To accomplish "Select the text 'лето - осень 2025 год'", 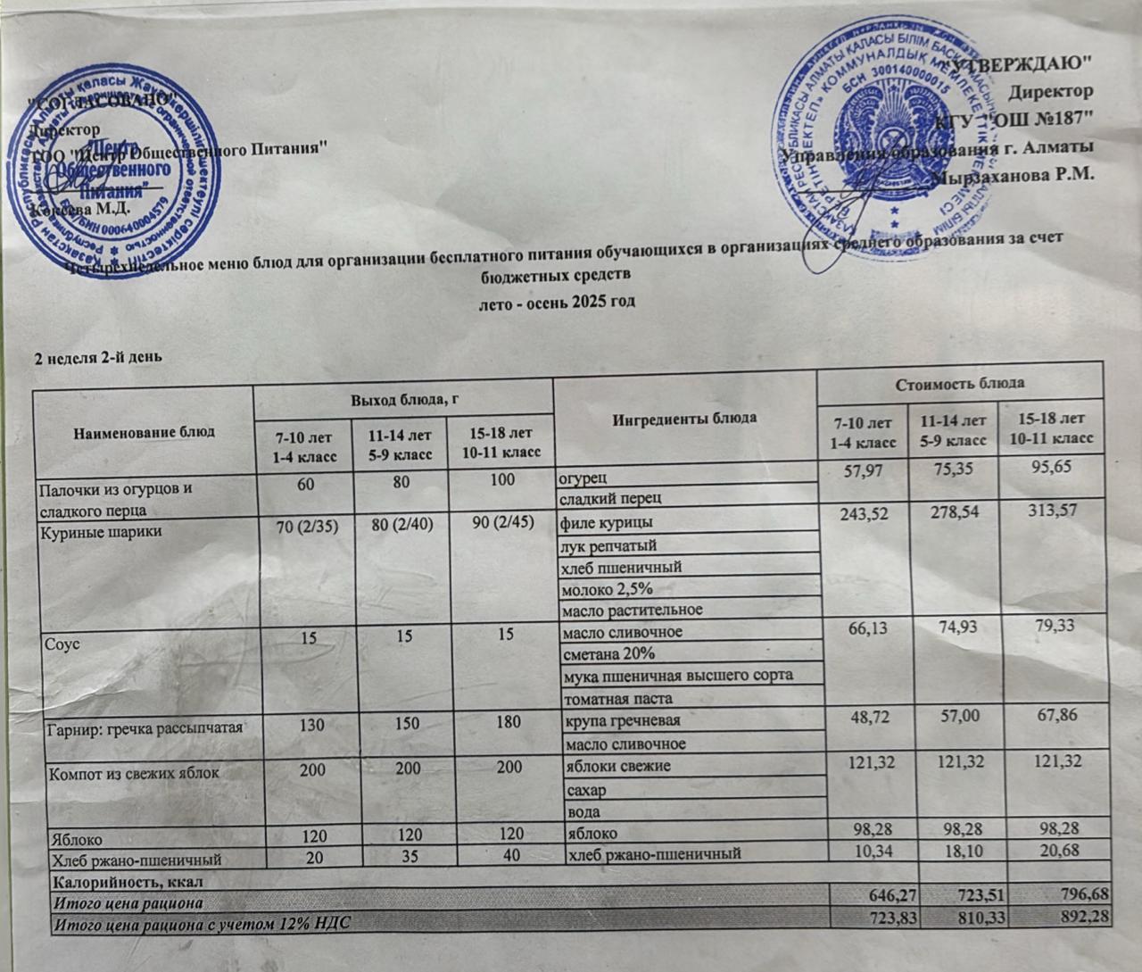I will click(x=558, y=302).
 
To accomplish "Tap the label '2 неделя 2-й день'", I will click(x=97, y=358).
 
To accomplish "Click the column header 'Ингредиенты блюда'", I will click(x=684, y=417).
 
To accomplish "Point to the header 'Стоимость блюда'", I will click(x=959, y=383).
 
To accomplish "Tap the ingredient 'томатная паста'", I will click(x=616, y=698).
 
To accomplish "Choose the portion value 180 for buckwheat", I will click(x=508, y=721).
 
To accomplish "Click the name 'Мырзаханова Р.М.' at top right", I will click(x=1013, y=175).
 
